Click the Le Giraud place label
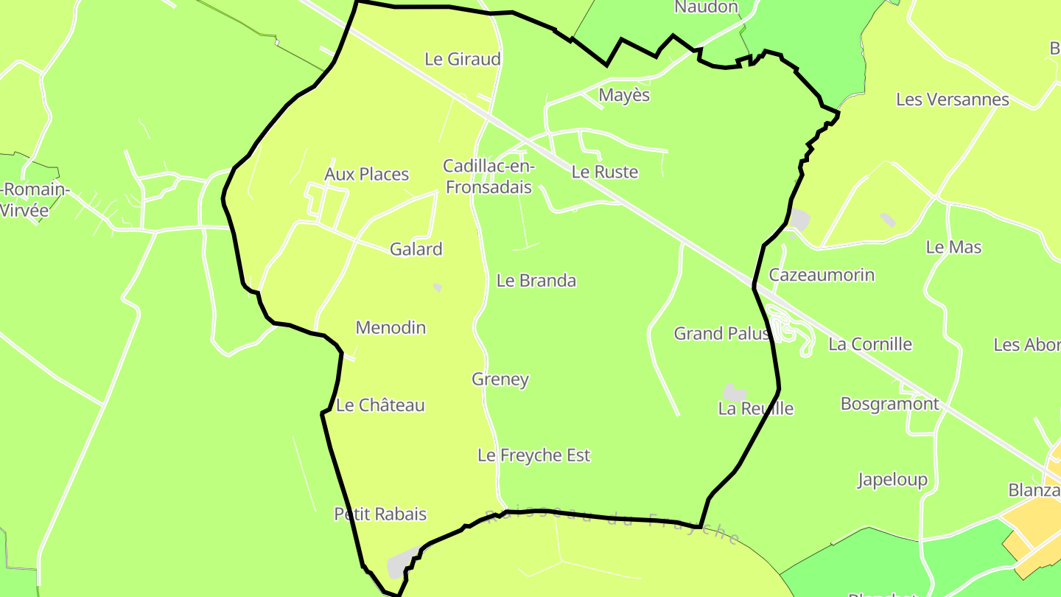(463, 59)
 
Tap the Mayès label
(624, 95)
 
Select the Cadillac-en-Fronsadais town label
(489, 177)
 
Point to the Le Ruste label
(604, 172)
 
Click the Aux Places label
(366, 174)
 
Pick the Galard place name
(416, 249)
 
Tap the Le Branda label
(536, 280)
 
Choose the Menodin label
(391, 327)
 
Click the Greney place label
(500, 379)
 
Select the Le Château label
(380, 405)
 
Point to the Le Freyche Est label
(533, 455)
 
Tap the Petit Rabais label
(380, 514)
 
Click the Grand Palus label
(721, 333)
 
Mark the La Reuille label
(755, 408)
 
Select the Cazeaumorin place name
(822, 275)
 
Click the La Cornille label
(869, 344)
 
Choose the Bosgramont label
(889, 404)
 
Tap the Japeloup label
(892, 480)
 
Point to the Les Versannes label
(952, 99)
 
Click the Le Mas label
(953, 247)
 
